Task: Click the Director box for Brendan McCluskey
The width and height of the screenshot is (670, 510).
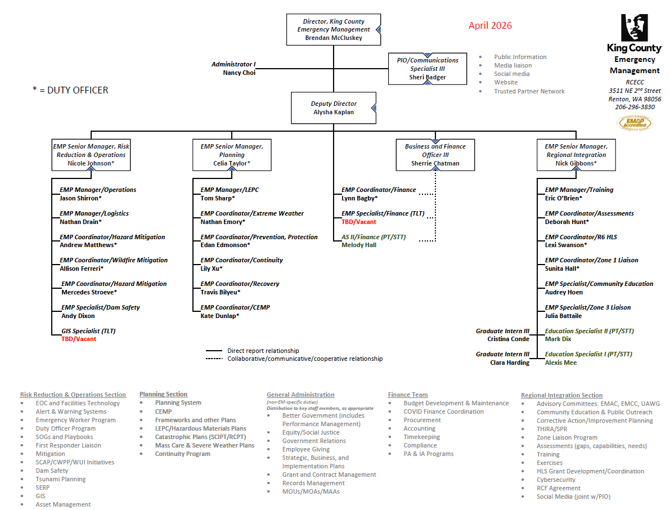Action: (333, 29)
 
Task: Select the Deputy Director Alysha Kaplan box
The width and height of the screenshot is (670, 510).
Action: (333, 108)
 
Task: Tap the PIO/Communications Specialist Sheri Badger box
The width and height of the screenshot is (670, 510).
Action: (427, 69)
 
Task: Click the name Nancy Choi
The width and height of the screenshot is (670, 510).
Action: (239, 73)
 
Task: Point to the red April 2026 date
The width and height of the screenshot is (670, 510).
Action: (490, 26)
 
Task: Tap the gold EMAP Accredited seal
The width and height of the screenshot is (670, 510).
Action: (635, 122)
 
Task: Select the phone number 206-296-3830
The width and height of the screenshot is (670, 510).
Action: (635, 107)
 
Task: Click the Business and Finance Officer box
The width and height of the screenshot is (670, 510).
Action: (435, 155)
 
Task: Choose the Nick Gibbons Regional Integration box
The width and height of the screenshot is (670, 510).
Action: (576, 155)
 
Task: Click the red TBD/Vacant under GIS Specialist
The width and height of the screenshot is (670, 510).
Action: (79, 339)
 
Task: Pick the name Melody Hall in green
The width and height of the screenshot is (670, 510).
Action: (359, 245)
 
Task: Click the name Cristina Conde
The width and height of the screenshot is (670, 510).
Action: (508, 339)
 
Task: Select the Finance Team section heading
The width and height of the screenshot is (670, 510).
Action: (408, 395)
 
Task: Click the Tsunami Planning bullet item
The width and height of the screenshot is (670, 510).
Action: (61, 479)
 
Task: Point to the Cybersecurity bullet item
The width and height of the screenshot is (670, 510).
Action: (556, 480)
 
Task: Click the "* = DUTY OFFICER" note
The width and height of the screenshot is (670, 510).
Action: (70, 90)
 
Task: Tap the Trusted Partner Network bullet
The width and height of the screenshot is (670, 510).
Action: (529, 91)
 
